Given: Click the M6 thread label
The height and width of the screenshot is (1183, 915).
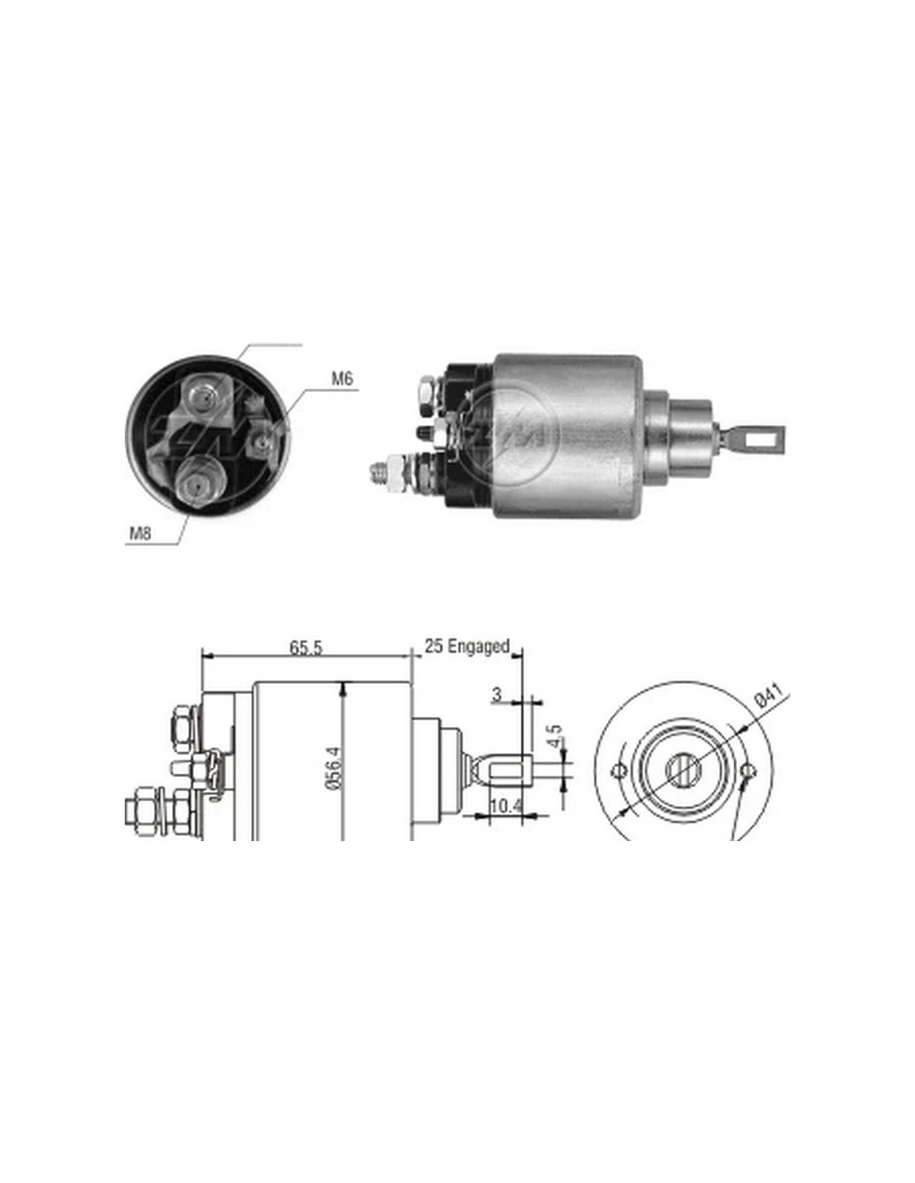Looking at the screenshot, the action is [343, 379].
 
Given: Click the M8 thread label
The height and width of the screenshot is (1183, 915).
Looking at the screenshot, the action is [140, 533].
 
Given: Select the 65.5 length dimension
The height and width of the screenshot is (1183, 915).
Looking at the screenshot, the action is [306, 647].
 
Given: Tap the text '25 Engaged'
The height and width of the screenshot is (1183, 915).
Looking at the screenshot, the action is [467, 646].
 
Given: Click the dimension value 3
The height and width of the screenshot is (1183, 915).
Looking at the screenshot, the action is [496, 694].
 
